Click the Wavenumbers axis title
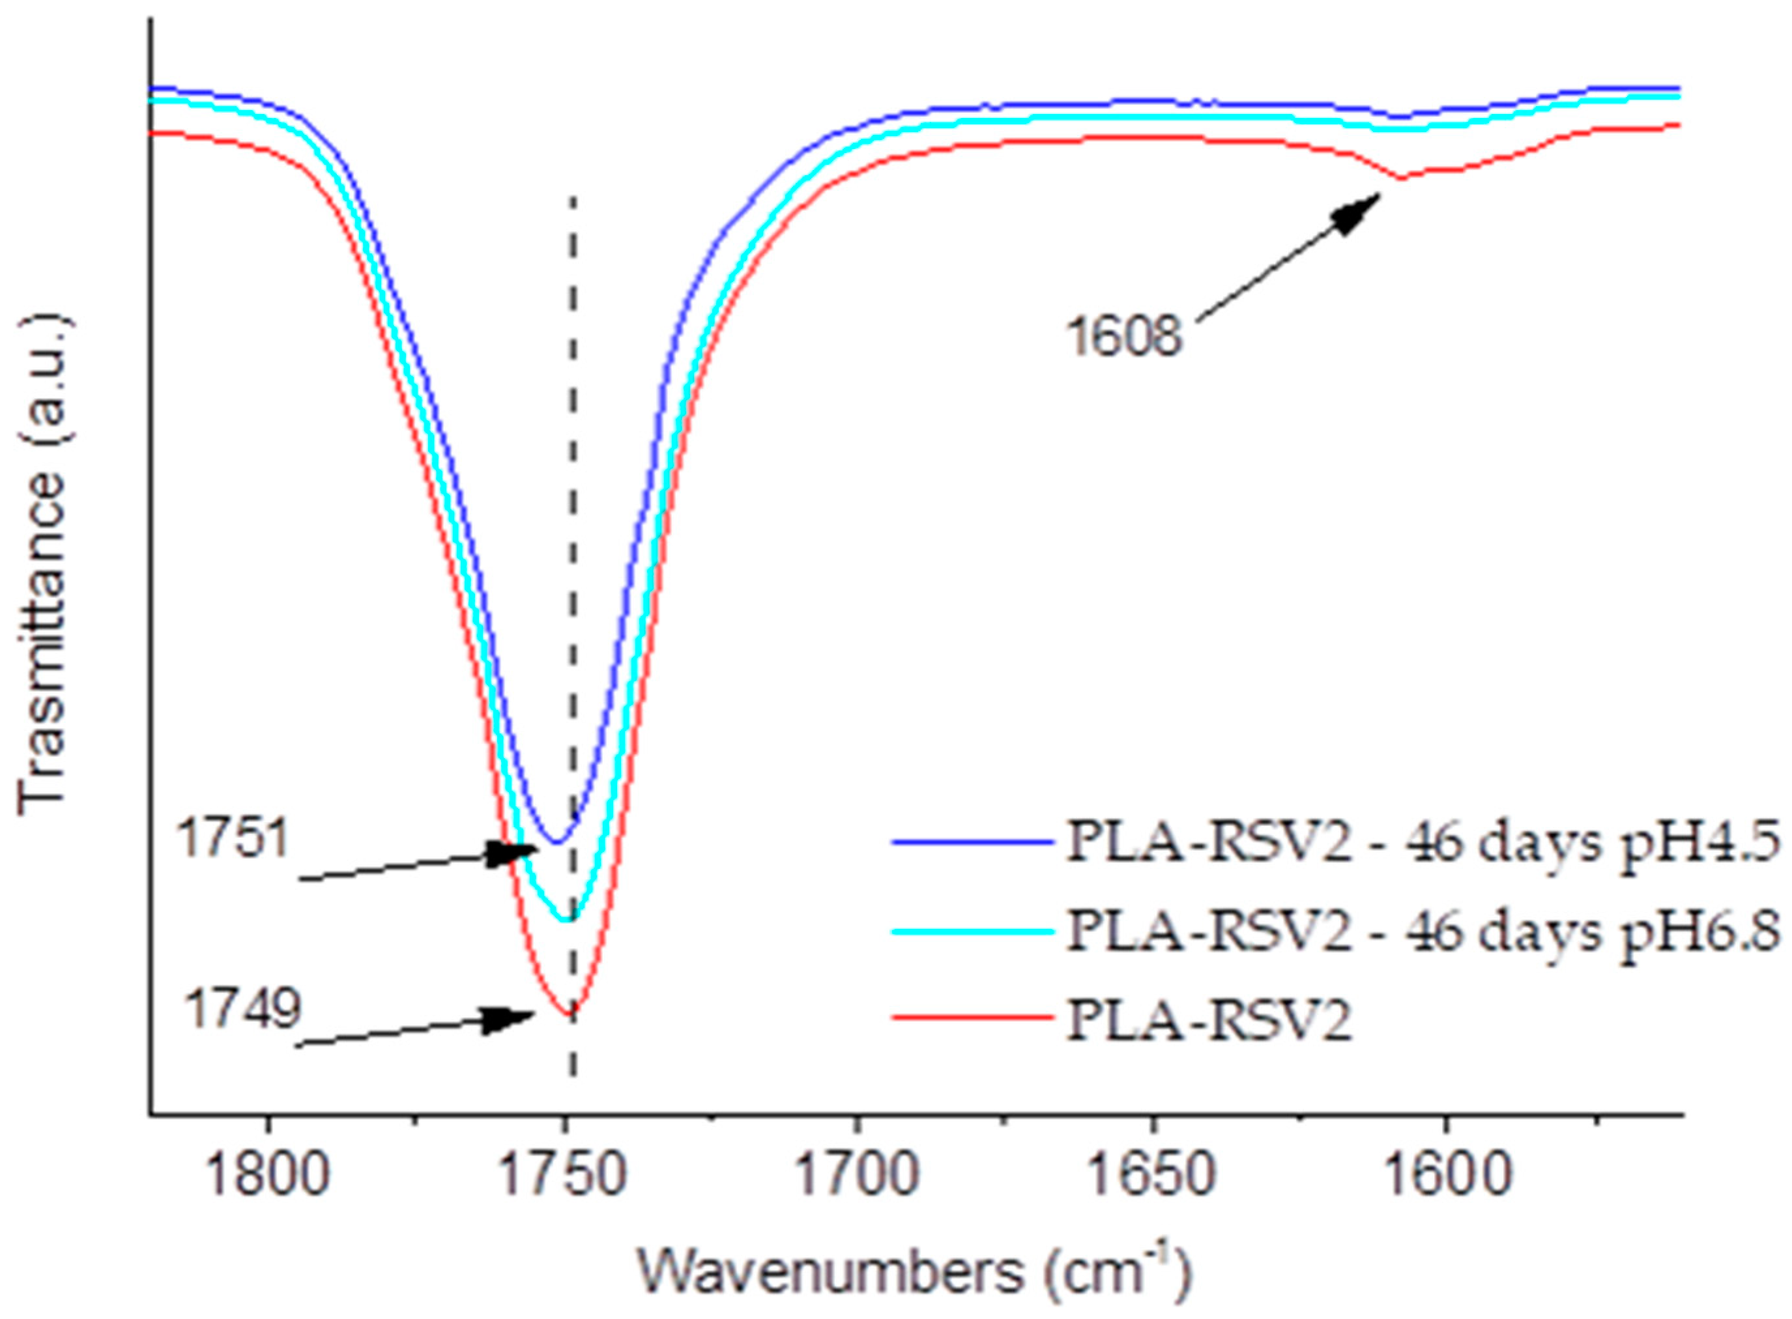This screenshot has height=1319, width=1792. click(x=914, y=1269)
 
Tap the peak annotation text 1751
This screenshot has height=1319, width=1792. click(x=231, y=840)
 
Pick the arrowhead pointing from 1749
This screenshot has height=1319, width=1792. click(x=511, y=1019)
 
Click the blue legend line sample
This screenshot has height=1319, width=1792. click(x=970, y=842)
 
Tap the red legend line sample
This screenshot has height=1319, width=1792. click(x=970, y=1018)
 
